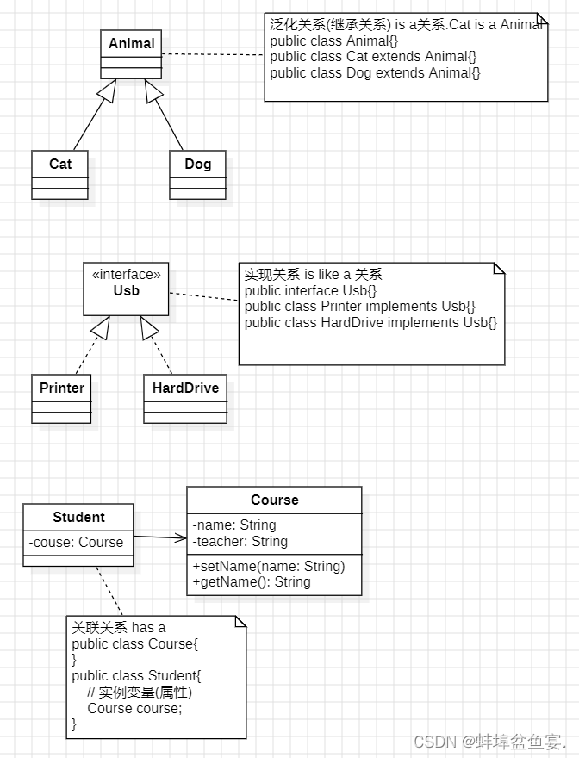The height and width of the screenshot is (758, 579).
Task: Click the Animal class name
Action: point(132,44)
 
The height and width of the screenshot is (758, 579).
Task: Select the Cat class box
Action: point(60,174)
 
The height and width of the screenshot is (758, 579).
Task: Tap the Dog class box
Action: point(197,174)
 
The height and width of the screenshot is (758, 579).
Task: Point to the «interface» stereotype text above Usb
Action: point(126,275)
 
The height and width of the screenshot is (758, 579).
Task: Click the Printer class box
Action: point(61,398)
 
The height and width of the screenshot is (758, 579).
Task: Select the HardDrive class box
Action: point(185,398)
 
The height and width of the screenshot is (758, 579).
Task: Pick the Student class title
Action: point(78,518)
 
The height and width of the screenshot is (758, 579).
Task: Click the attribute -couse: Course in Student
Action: point(76,543)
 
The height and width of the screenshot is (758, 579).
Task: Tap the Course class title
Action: point(275,500)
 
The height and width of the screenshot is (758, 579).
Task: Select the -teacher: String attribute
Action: point(240,541)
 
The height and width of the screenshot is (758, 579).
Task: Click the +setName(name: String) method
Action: point(269,566)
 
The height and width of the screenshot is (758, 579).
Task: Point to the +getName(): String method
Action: point(252,581)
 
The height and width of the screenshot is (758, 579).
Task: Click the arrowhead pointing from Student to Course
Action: point(181,538)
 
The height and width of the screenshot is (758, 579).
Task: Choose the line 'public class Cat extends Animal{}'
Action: point(373,57)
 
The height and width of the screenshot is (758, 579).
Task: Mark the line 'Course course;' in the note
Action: point(134,708)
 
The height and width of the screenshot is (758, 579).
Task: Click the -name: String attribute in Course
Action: point(234,525)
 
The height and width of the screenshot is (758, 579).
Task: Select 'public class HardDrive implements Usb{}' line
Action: point(370,323)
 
